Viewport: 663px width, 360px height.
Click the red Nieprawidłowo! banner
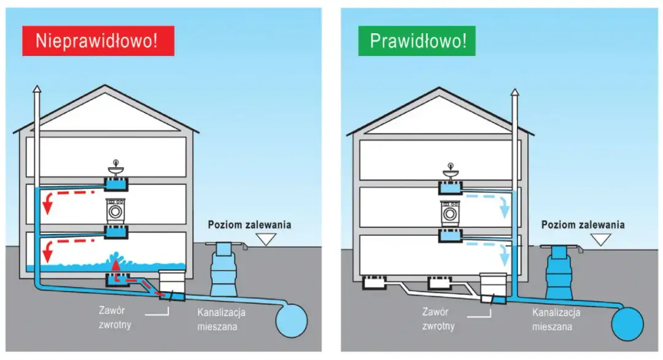(98, 41)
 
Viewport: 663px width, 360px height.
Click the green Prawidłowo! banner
(418, 41)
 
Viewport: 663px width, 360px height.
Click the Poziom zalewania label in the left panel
(249, 225)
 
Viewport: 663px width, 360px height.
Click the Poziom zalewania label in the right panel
(583, 225)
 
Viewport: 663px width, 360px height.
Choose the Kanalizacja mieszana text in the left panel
(221, 319)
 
